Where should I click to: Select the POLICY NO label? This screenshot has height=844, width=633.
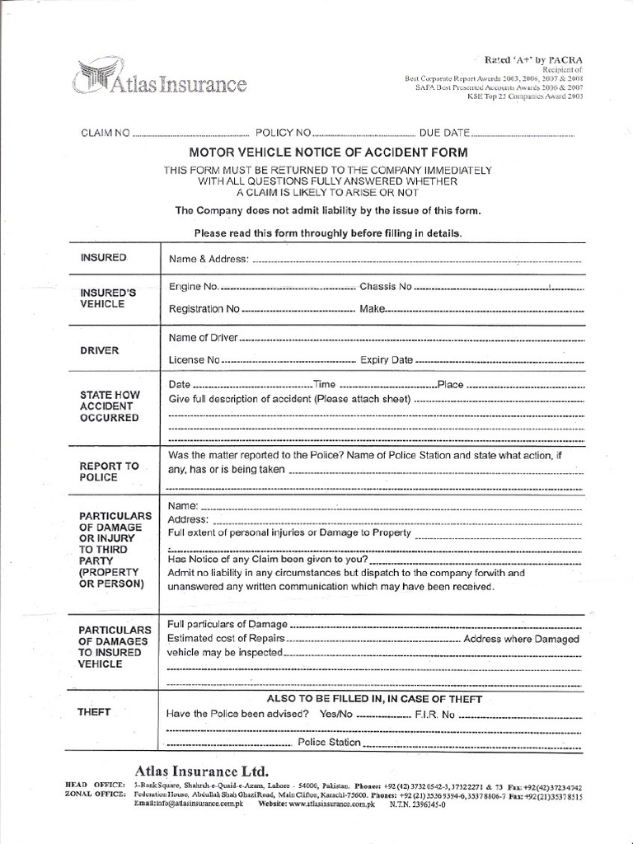(284, 132)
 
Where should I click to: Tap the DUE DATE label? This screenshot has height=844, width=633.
(444, 132)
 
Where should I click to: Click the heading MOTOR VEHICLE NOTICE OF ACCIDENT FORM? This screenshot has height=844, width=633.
(328, 152)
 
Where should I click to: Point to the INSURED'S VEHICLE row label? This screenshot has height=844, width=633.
(103, 298)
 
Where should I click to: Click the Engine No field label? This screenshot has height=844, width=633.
(194, 287)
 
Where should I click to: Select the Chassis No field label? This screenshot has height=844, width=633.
(385, 287)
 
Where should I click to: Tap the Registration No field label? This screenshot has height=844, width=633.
(204, 309)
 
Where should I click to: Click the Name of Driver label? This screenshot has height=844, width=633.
(203, 337)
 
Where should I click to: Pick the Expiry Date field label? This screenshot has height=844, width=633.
(387, 360)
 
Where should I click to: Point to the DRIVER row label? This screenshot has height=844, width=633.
(100, 350)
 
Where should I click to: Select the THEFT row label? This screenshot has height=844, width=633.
(96, 710)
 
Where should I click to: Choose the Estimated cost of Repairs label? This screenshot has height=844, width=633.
(227, 639)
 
